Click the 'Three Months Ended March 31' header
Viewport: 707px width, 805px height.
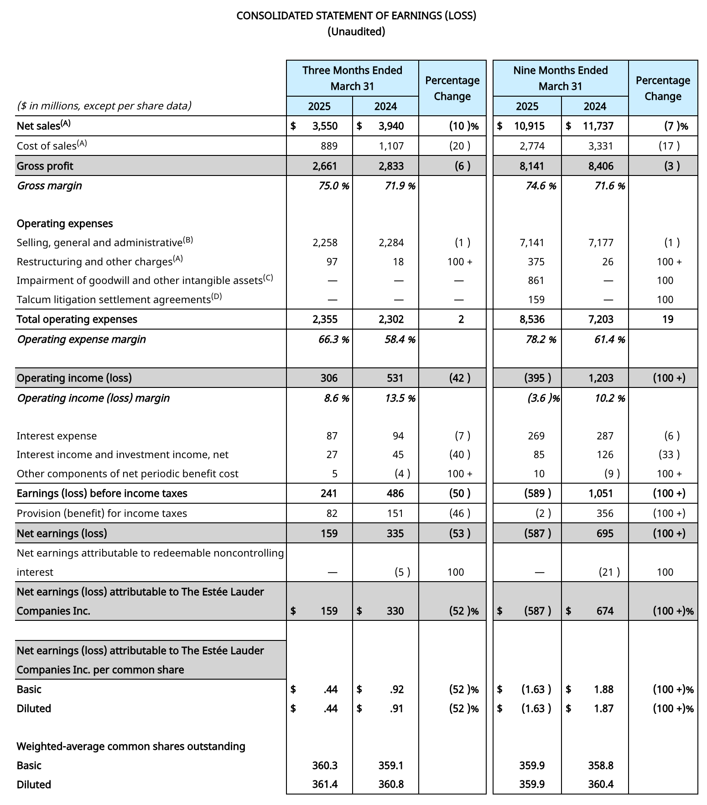pyautogui.click(x=352, y=78)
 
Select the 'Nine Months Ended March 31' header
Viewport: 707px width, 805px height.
pyautogui.click(x=560, y=78)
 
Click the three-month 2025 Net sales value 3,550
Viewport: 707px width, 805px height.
pyautogui.click(x=325, y=126)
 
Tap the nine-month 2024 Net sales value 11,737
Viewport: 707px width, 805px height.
pyautogui.click(x=598, y=126)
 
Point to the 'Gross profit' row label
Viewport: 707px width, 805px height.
pyautogui.click(x=45, y=166)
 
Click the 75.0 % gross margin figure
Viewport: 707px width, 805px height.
pyautogui.click(x=332, y=186)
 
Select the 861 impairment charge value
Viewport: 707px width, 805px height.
pyautogui.click(x=536, y=280)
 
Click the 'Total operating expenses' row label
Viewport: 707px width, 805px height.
pyautogui.click(x=77, y=319)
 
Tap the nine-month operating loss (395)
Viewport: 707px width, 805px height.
pyautogui.click(x=538, y=378)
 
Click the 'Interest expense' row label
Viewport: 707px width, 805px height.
pyautogui.click(x=57, y=436)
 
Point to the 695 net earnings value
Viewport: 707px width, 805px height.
pyautogui.click(x=605, y=533)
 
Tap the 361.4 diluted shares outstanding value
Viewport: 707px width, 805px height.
pyautogui.click(x=325, y=784)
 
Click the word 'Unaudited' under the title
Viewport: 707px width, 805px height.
pyautogui.click(x=356, y=31)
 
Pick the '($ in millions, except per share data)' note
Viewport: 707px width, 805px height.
pyautogui.click(x=104, y=106)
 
